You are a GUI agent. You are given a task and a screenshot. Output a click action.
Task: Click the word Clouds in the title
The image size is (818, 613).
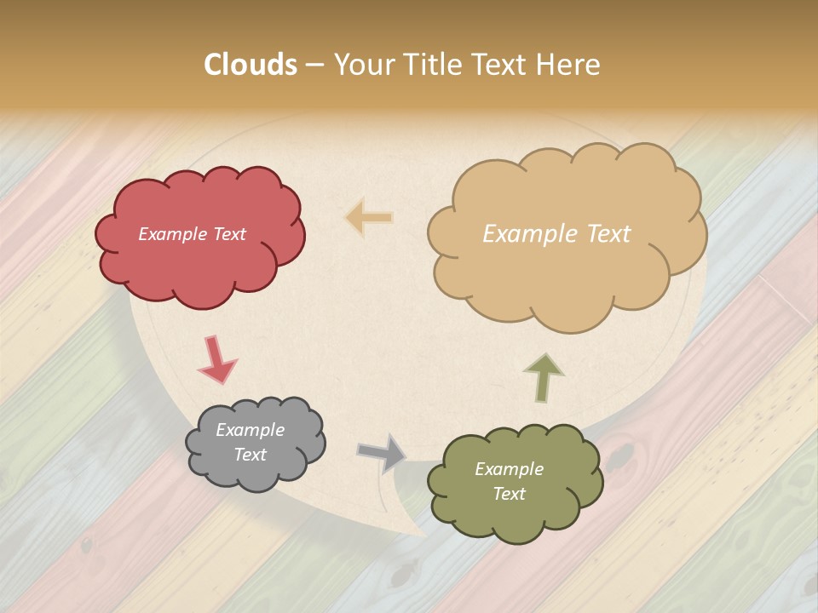coord(251,65)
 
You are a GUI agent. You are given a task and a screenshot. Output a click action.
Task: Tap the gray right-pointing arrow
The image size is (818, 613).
coord(382,453)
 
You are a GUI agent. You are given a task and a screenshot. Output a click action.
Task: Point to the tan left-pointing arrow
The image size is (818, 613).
coord(369,217)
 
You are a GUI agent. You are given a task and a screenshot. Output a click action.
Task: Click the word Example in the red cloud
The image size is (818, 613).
coord(173,234)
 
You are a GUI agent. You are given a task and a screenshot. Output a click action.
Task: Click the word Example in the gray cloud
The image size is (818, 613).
coord(250,430)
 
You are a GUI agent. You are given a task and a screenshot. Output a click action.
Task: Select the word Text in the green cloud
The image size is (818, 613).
coord(509,494)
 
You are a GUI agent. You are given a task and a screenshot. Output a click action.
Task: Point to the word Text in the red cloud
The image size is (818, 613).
coord(229,234)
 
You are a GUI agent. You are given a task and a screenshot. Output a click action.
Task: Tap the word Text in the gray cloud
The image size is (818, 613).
coord(250,455)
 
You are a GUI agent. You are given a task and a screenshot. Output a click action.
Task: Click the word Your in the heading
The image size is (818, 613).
coord(363,65)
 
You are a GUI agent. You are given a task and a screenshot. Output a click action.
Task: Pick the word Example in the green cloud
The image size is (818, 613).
coord(509,469)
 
